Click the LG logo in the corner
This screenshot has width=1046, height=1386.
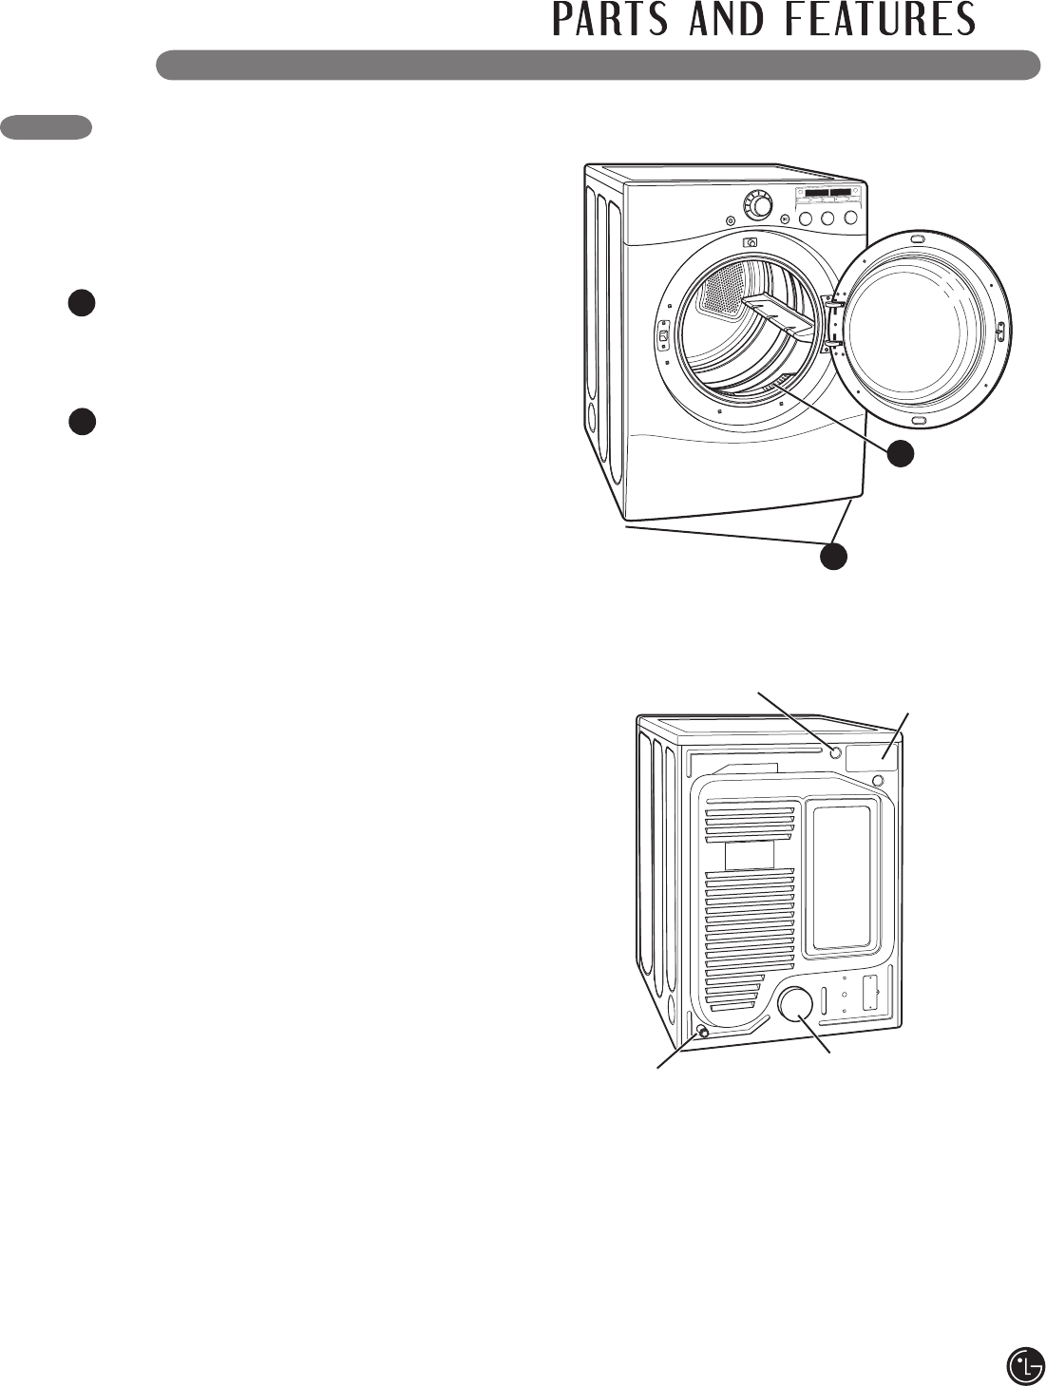pos(1025,1365)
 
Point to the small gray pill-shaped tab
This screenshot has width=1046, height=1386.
pos(47,127)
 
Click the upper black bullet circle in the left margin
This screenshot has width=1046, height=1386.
pos(82,303)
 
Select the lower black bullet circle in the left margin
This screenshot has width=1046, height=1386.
pos(83,421)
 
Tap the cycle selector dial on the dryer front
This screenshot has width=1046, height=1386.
pos(757,204)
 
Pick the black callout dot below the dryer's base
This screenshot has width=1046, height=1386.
pos(833,557)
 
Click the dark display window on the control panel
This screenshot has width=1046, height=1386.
pos(826,193)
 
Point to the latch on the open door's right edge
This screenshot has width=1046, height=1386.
pos(1000,330)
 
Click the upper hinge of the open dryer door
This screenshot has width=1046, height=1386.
pos(835,305)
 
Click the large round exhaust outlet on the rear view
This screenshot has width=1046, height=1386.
pos(795,1004)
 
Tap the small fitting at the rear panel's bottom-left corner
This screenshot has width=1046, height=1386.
pos(703,1032)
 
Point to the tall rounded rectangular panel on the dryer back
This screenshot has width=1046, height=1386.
pos(842,877)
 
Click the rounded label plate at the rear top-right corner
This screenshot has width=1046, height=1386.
pos(871,756)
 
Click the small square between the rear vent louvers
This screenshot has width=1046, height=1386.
pos(750,854)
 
